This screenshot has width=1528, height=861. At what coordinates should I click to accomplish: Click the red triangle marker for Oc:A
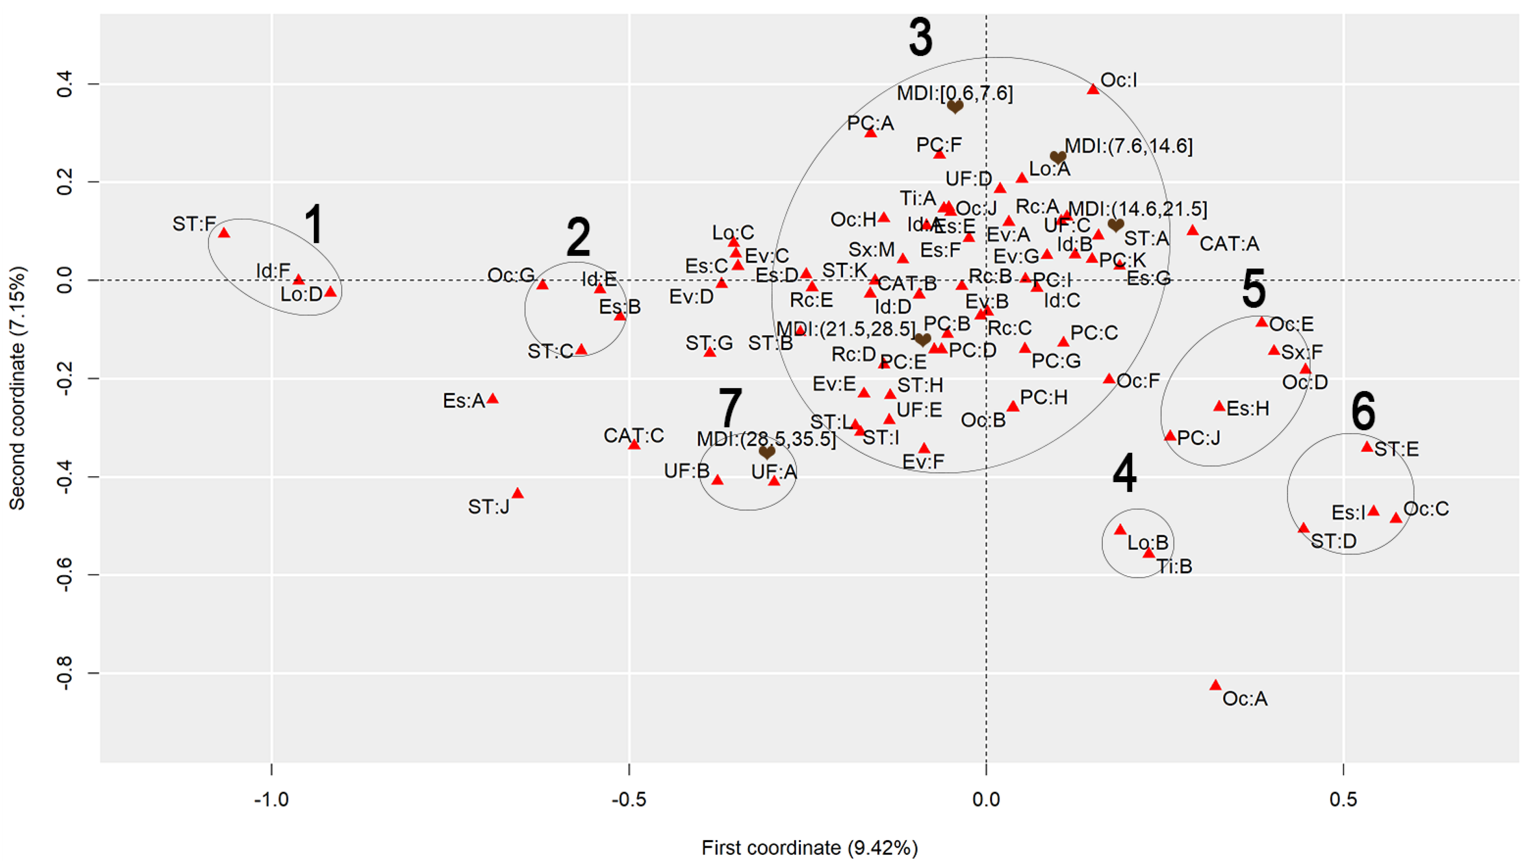point(1216,685)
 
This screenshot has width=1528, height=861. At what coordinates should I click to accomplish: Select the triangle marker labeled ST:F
point(224,233)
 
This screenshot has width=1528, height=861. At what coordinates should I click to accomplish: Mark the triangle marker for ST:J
point(517,493)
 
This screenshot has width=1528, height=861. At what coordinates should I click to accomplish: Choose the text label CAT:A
point(1229,244)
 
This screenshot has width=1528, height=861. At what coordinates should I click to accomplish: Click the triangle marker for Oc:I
point(1093,90)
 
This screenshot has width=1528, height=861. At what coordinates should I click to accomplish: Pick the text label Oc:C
point(1426,509)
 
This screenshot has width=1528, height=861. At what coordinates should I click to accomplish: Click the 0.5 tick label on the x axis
point(1343,799)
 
